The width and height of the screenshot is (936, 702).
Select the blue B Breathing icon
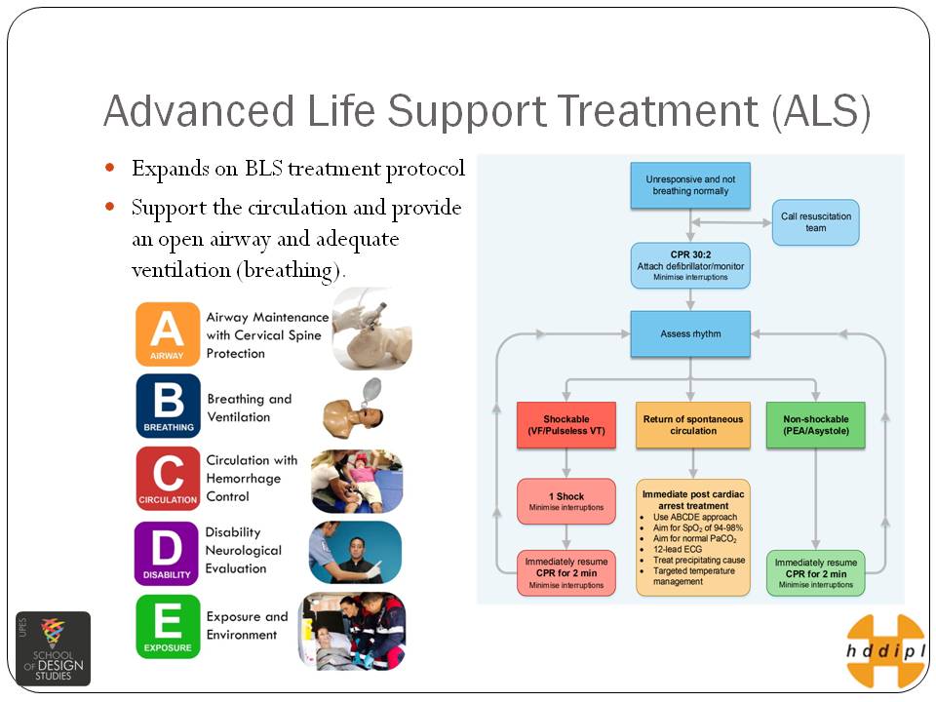click(168, 406)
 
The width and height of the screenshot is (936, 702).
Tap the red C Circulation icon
click(168, 478)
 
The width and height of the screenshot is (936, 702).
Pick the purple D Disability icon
click(167, 553)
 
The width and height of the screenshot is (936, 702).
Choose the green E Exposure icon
click(168, 626)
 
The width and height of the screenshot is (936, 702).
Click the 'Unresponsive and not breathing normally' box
click(689, 185)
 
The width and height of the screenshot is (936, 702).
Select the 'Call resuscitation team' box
click(815, 221)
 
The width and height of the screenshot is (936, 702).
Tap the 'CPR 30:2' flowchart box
click(690, 265)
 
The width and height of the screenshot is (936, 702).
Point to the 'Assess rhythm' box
click(690, 334)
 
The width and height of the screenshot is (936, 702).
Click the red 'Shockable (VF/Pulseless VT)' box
click(565, 425)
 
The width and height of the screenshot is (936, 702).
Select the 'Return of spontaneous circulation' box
click(692, 425)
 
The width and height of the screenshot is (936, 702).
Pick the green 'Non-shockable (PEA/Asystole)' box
click(816, 425)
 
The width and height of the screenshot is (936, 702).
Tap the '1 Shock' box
click(565, 501)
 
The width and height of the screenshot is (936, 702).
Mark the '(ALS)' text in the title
click(820, 111)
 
